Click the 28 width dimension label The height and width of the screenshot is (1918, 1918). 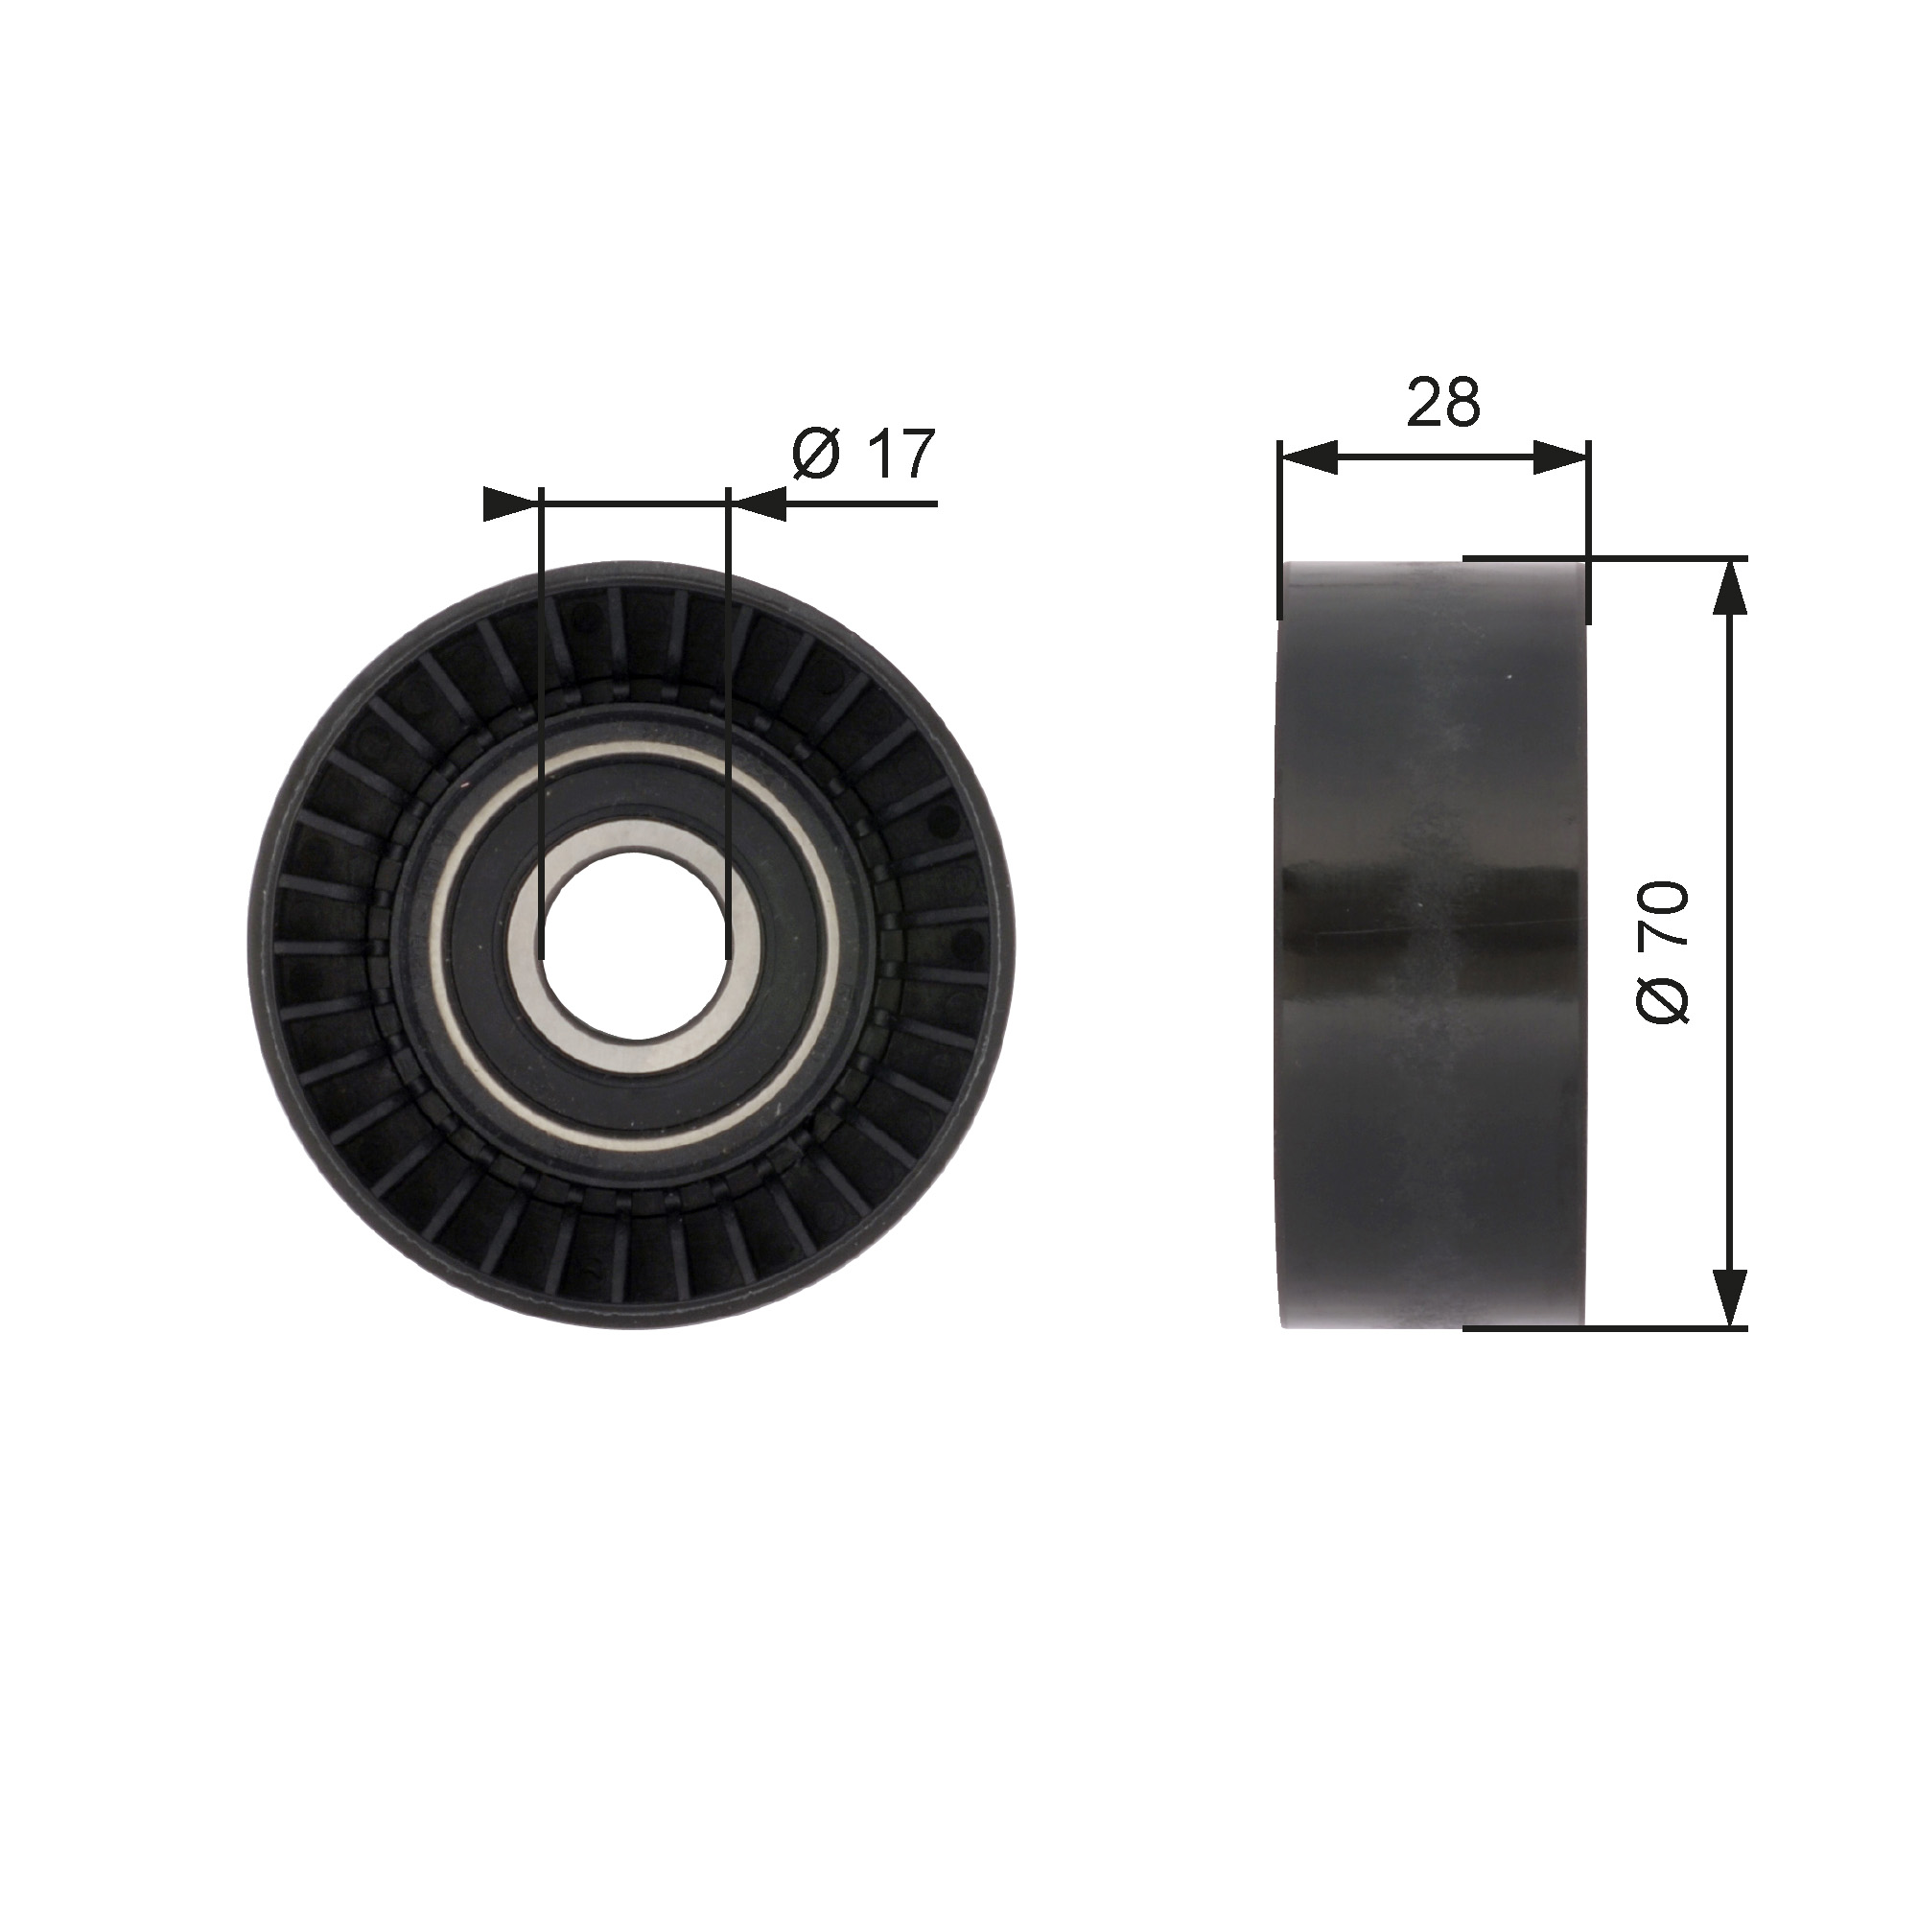1443,402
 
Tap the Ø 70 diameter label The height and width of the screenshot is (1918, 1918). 1663,952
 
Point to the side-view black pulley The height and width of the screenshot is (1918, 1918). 1434,944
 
